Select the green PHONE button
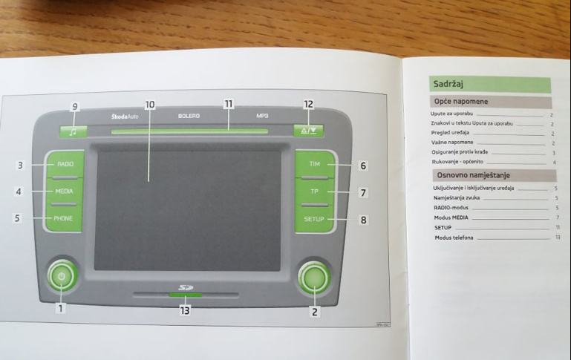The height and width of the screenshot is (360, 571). tap(63, 219)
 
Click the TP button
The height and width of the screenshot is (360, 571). tap(315, 192)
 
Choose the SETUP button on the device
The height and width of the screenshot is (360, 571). tap(315, 219)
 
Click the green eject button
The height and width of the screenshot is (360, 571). tap(308, 131)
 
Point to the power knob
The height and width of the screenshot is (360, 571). tap(62, 276)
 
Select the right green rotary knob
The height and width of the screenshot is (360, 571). tap(313, 278)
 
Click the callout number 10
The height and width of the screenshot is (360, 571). tap(150, 105)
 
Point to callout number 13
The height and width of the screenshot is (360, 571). tap(185, 311)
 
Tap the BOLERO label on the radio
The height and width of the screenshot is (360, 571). tap(189, 116)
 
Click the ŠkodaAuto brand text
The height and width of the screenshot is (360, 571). tap(125, 116)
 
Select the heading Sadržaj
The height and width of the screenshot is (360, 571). tap(448, 84)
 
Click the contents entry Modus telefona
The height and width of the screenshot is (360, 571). tap(454, 238)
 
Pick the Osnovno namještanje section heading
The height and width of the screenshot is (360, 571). tap(473, 175)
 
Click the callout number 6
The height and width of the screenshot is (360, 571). tap(363, 166)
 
